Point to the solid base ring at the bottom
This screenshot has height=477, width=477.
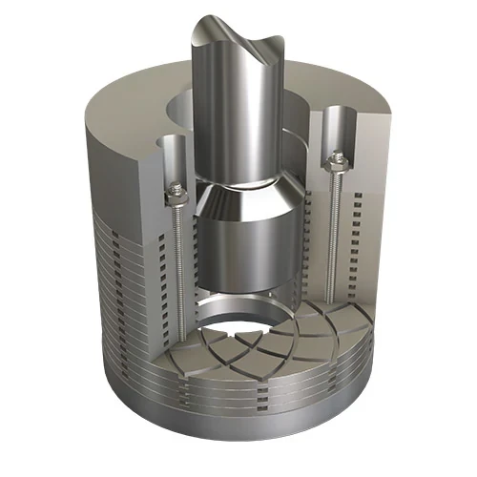click(x=229, y=434)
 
